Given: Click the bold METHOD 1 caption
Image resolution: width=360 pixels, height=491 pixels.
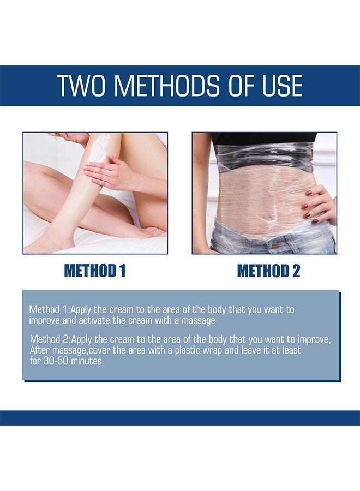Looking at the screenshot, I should [95, 271].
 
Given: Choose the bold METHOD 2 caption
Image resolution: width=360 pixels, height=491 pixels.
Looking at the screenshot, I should [268, 271].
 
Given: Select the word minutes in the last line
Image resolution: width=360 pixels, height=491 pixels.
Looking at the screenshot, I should [86, 361].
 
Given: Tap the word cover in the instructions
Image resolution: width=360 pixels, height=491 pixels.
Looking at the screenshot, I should [99, 350].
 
